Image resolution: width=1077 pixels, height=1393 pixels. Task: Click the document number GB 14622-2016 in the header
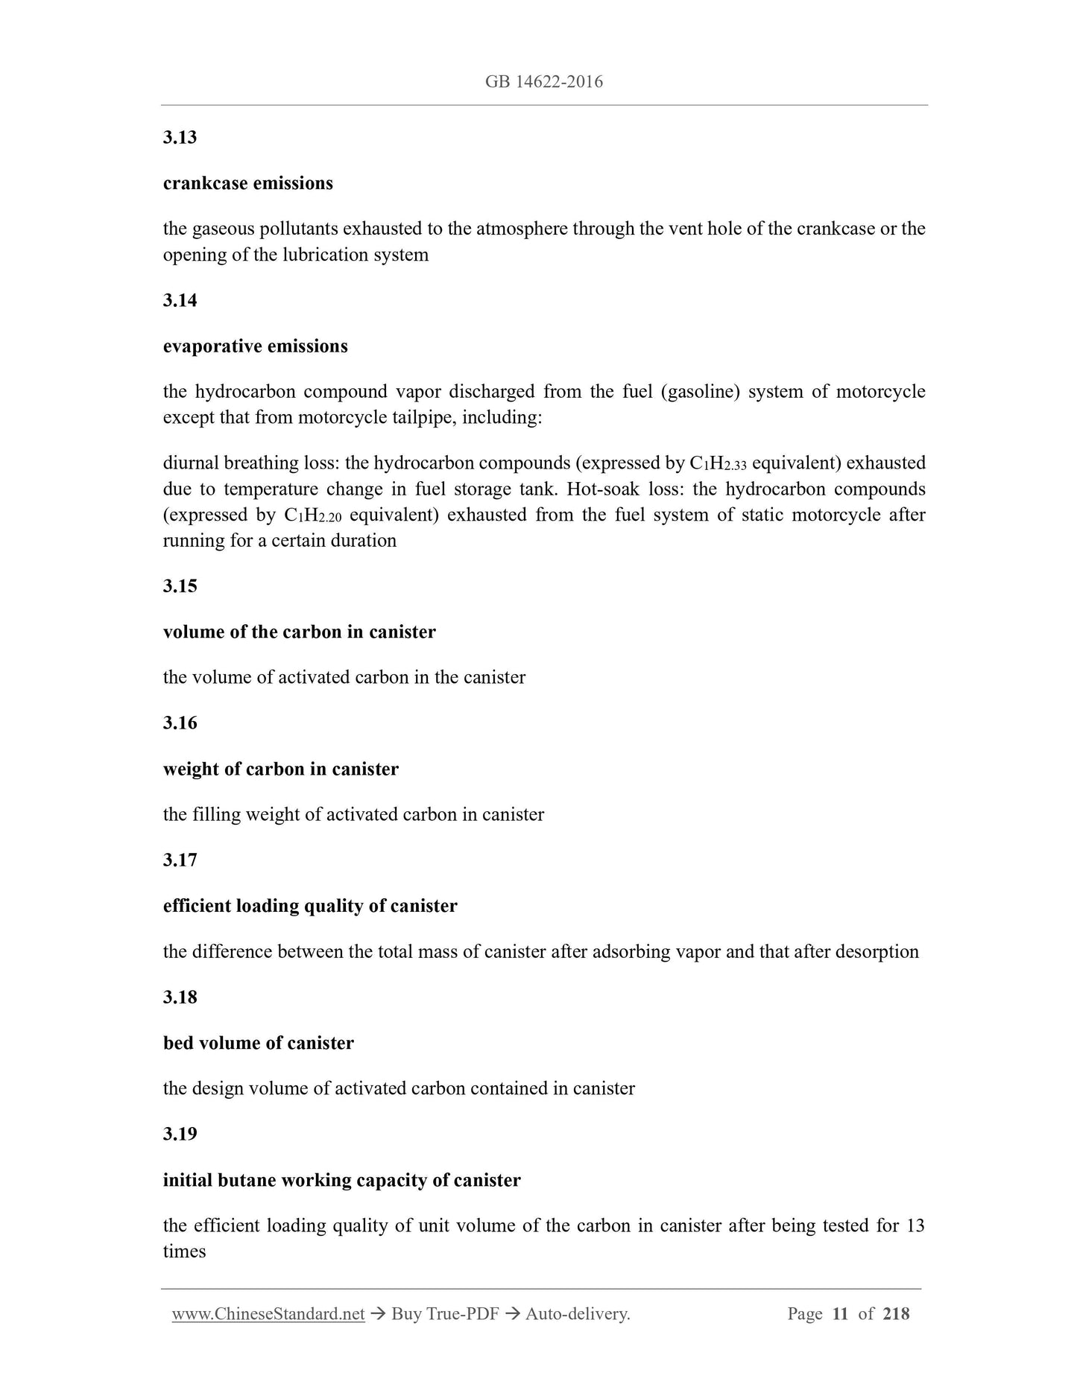[543, 82]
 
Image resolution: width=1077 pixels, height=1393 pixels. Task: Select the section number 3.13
[180, 138]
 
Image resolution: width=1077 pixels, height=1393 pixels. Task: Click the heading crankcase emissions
[247, 183]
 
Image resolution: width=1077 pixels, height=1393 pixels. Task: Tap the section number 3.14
[180, 301]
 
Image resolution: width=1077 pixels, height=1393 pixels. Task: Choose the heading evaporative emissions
[255, 346]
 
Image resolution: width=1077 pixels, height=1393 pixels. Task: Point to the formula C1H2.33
[718, 463]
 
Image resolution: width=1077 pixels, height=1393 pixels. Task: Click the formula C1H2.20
[313, 515]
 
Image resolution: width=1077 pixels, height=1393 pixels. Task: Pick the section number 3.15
[180, 586]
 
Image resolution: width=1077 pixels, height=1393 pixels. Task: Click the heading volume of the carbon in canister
[299, 632]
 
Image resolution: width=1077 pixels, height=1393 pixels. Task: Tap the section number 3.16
[180, 723]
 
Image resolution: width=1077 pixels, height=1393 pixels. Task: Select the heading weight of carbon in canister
[280, 769]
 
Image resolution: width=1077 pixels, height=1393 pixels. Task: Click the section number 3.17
[180, 860]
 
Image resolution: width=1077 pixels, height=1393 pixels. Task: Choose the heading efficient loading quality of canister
[310, 906]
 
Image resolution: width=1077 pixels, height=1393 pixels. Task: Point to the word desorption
[877, 952]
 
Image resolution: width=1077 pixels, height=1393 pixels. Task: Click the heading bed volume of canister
[258, 1043]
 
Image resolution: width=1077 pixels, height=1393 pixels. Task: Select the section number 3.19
[180, 1135]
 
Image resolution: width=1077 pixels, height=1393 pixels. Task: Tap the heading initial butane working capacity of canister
[341, 1180]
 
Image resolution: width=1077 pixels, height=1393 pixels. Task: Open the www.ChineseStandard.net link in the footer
[268, 1314]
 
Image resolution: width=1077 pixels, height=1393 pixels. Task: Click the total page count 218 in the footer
[895, 1314]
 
